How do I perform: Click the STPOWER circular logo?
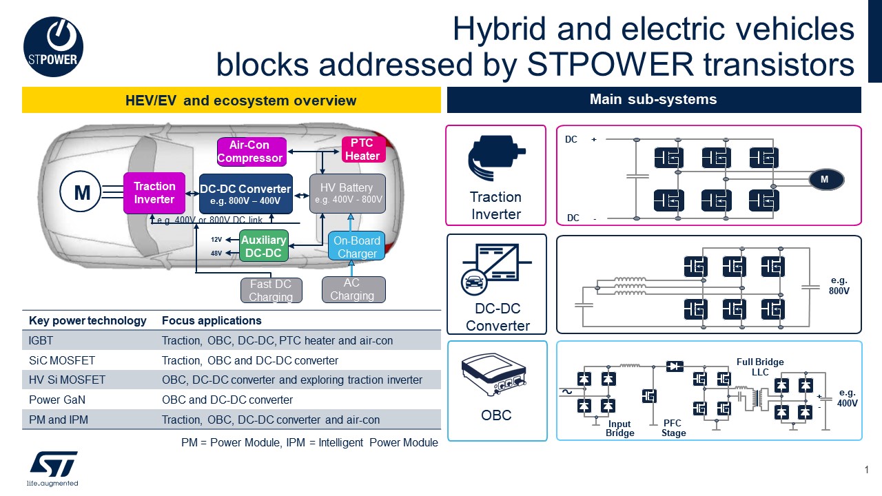point(54,46)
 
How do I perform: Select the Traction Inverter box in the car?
point(154,192)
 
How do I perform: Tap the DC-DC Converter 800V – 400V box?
point(245,194)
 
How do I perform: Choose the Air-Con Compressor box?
point(250,152)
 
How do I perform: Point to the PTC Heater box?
point(362,149)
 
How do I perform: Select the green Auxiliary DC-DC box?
point(263,247)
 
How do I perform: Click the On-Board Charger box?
point(356,247)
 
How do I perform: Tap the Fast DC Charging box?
point(271,290)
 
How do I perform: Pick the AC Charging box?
point(353,289)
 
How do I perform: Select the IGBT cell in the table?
point(41,340)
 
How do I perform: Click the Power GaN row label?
point(54,400)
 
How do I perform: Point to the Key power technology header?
point(88,320)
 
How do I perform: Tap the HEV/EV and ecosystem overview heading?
point(232,101)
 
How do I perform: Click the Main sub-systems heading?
point(653,99)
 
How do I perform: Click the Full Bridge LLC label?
point(760,366)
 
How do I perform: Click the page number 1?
point(866,470)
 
